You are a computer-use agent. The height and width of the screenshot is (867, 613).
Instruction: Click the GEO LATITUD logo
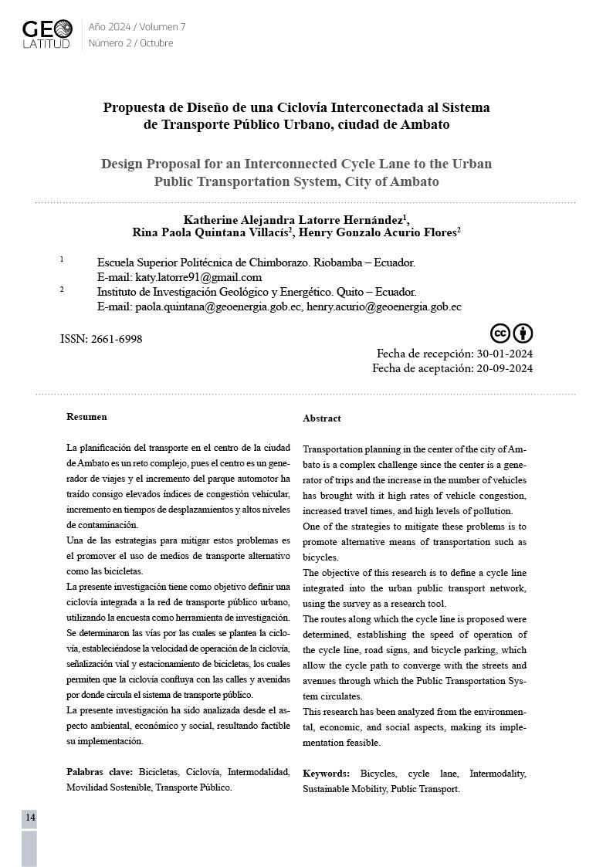click(47, 34)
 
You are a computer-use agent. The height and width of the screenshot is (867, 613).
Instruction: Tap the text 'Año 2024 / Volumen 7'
click(137, 27)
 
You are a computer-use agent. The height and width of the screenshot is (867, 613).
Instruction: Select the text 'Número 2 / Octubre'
click(130, 43)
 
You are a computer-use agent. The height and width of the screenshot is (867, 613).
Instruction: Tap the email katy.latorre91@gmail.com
click(198, 277)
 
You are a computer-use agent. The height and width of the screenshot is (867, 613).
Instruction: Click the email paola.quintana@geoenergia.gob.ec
click(218, 306)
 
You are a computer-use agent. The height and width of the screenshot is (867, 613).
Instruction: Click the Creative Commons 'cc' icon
click(500, 334)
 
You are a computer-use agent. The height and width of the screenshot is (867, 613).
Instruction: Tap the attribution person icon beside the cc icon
click(523, 334)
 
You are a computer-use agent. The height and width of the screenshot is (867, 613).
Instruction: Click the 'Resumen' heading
click(86, 417)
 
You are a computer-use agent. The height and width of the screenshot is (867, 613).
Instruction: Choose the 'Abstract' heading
click(321, 418)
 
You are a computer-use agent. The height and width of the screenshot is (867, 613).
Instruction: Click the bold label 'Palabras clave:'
click(100, 771)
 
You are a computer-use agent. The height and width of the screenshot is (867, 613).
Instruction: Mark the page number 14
click(30, 818)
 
